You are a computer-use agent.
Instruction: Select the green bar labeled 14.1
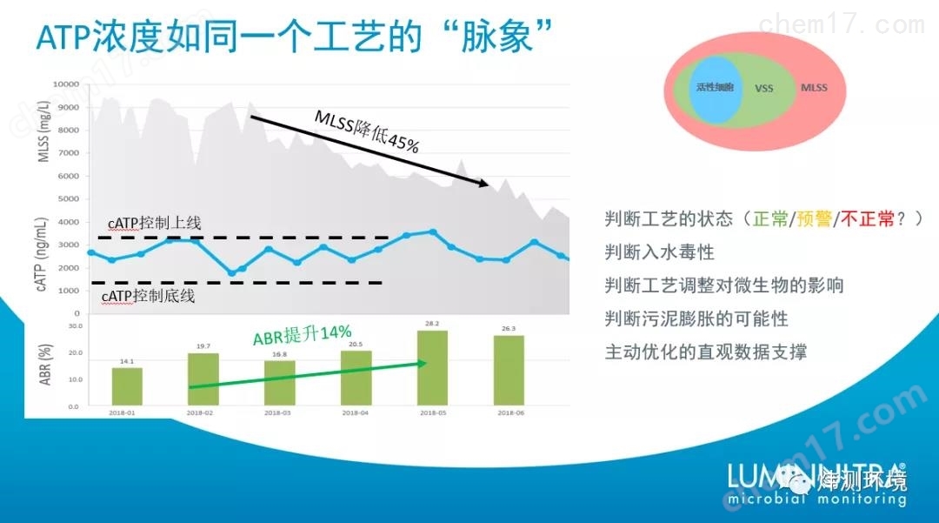(x=127, y=386)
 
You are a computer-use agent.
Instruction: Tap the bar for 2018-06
(x=509, y=371)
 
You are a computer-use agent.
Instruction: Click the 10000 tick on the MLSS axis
(x=66, y=84)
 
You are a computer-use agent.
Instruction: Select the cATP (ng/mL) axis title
(x=43, y=258)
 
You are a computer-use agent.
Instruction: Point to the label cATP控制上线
(x=155, y=224)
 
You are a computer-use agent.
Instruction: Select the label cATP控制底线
(x=148, y=297)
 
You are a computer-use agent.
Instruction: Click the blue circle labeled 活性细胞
(x=715, y=88)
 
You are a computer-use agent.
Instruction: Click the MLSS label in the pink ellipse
(x=814, y=88)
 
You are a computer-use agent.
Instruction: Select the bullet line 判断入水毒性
(x=659, y=252)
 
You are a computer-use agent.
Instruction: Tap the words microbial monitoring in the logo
(x=817, y=500)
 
